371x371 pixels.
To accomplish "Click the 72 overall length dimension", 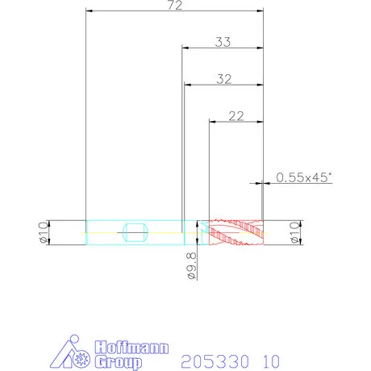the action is click(x=175, y=6).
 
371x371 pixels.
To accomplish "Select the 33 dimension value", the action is click(x=223, y=42).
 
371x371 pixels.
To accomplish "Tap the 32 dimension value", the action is click(x=224, y=79).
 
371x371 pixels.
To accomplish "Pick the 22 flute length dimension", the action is click(x=236, y=116).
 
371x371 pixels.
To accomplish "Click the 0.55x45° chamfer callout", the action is click(x=304, y=177).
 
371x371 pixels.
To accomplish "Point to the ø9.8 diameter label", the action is click(x=192, y=266).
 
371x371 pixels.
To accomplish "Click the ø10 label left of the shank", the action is click(x=44, y=232).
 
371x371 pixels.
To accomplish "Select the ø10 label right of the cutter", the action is click(x=294, y=232).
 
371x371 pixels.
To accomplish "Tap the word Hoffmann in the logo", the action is click(x=131, y=348).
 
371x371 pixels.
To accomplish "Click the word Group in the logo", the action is click(x=119, y=362).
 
